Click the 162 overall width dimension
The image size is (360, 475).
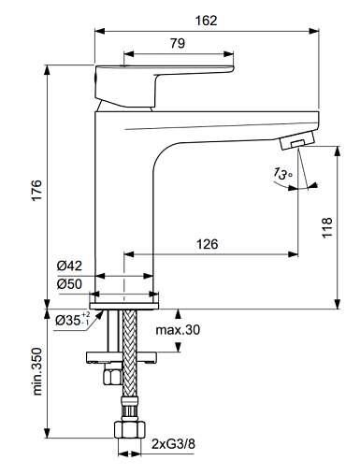(206, 21)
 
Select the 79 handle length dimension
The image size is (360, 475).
(178, 43)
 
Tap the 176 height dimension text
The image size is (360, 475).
(36, 190)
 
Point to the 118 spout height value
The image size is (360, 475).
(327, 228)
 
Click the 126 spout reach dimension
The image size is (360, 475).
(208, 244)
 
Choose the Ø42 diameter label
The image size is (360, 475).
(69, 266)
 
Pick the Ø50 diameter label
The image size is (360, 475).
(69, 284)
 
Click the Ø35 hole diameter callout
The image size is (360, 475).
(72, 319)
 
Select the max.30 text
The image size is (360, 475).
(178, 330)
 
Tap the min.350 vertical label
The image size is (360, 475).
(36, 371)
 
